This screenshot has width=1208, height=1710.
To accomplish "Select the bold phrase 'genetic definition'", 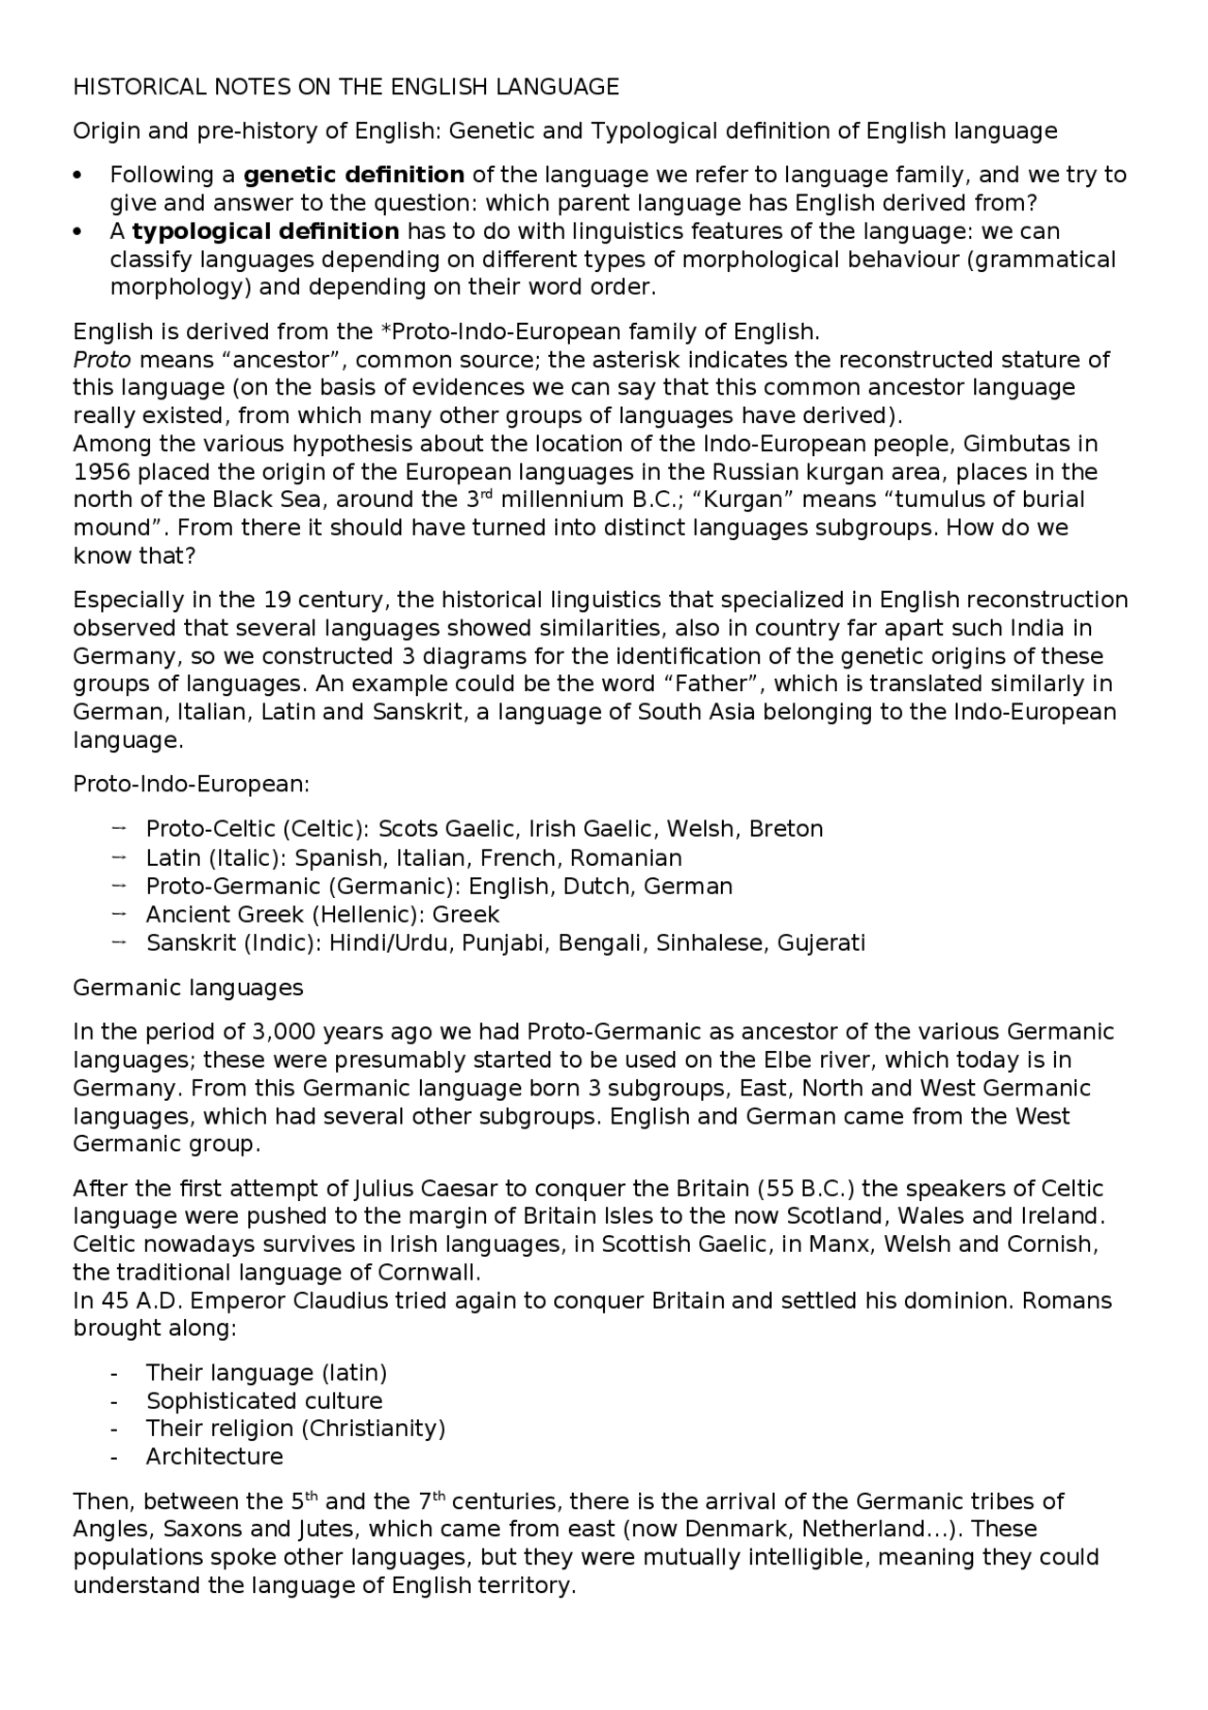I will tap(354, 175).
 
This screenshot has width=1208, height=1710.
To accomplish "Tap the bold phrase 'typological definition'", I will tap(265, 231).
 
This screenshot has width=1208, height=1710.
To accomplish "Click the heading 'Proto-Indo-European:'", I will tap(192, 785).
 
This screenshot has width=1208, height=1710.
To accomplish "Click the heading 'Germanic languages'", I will tap(189, 988).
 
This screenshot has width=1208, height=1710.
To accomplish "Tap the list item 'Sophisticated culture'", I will tap(264, 1401).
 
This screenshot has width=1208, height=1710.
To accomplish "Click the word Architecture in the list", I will tap(214, 1457).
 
